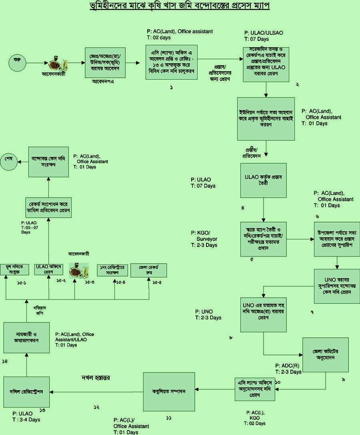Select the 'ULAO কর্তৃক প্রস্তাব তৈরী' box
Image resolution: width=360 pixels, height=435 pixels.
pyautogui.click(x=263, y=180)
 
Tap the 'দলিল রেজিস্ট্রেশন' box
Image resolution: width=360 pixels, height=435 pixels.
pyautogui.click(x=27, y=391)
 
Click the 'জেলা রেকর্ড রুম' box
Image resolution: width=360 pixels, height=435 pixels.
pyautogui.click(x=148, y=270)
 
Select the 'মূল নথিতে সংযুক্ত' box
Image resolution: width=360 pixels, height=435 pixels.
pyautogui.click(x=14, y=269)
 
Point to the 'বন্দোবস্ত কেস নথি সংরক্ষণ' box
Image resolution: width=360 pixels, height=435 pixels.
pyautogui.click(x=48, y=161)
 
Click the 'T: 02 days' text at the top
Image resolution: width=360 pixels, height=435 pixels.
pyautogui.click(x=159, y=38)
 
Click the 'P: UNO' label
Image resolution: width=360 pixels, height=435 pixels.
pyautogui.click(x=204, y=312)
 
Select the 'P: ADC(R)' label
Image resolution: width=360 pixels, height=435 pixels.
pyautogui.click(x=287, y=366)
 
